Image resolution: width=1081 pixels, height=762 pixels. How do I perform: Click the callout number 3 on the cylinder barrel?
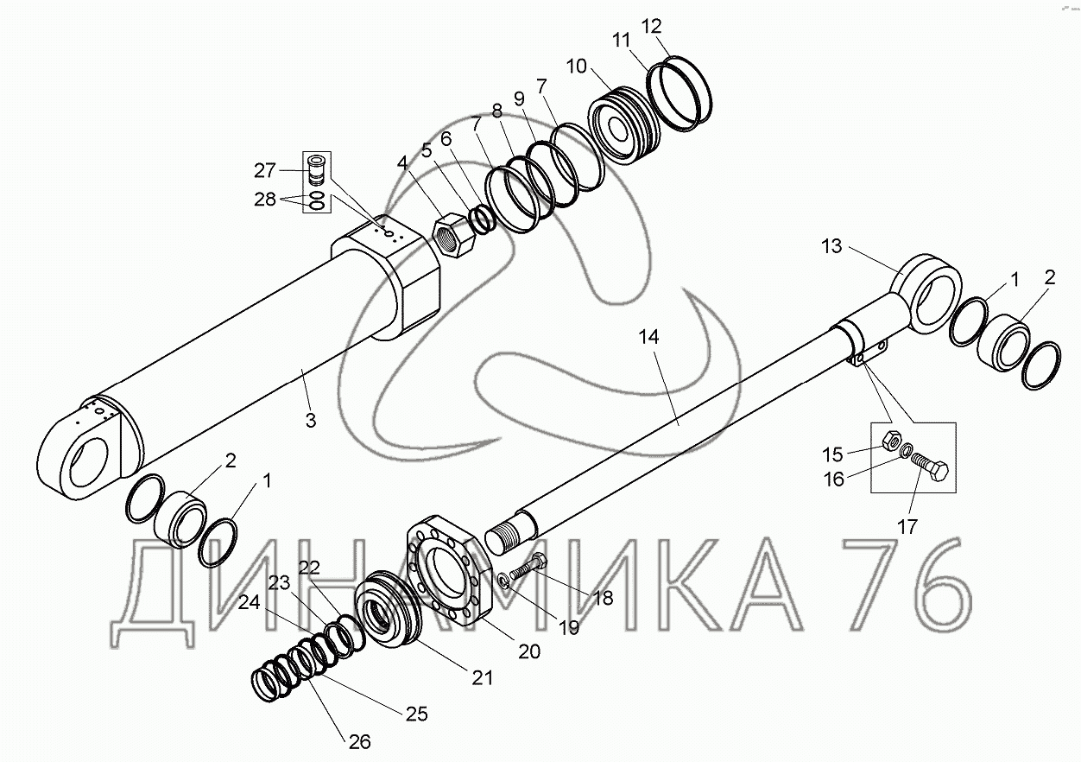(311, 421)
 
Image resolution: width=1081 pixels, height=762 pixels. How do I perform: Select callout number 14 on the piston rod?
(649, 338)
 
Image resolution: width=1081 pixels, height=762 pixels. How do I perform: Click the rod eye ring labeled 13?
(928, 291)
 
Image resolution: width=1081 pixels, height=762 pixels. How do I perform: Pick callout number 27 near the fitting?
(264, 169)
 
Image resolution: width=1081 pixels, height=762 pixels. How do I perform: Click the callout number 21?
(482, 677)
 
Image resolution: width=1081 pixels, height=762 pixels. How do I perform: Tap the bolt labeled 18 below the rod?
(527, 568)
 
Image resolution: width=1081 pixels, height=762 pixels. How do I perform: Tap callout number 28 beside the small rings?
(264, 200)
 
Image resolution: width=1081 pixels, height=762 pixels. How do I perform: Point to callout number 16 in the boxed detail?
(834, 479)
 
